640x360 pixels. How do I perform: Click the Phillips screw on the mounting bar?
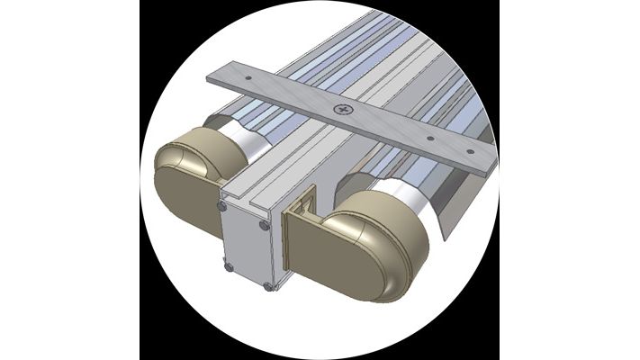pyautogui.click(x=344, y=110)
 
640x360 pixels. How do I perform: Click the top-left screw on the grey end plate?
pyautogui.click(x=222, y=206)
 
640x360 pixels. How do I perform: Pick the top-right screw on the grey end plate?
pyautogui.click(x=264, y=225)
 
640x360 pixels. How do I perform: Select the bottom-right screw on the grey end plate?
pyautogui.click(x=267, y=286)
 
